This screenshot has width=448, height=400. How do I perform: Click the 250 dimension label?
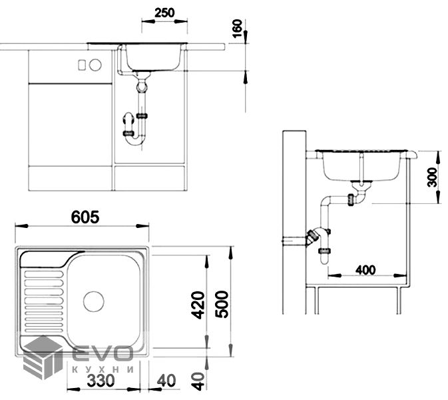pyautogui.click(x=164, y=13)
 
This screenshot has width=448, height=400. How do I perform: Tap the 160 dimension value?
pyautogui.click(x=238, y=29)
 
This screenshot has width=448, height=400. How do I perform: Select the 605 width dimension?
pyautogui.click(x=85, y=217)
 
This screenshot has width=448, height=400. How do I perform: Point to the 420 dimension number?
pyautogui.click(x=198, y=305)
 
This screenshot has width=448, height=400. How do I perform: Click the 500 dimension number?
pyautogui.click(x=222, y=305)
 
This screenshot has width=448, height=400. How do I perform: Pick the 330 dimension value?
pyautogui.click(x=101, y=381)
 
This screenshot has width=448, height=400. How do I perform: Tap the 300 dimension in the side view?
pyautogui.click(x=432, y=177)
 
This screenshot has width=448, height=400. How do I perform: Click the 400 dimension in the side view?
pyautogui.click(x=365, y=270)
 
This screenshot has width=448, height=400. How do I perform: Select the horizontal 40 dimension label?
pyautogui.click(x=166, y=381)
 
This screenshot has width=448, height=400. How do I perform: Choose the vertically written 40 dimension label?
pyautogui.click(x=198, y=381)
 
